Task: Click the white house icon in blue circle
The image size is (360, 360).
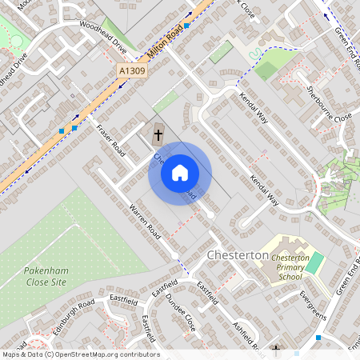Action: pyautogui.click(x=180, y=173)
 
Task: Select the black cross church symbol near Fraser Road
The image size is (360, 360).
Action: pyautogui.click(x=157, y=131)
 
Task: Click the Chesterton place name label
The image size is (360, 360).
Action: pyautogui.click(x=238, y=254)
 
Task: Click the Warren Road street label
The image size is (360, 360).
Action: pyautogui.click(x=146, y=222)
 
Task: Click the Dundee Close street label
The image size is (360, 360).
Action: pyautogui.click(x=181, y=312)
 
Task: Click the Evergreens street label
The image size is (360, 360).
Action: pyautogui.click(x=313, y=306)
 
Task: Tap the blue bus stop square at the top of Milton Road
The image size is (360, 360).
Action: pyautogui.click(x=186, y=26)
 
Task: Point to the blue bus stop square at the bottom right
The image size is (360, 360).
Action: pyautogui.click(x=318, y=338)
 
